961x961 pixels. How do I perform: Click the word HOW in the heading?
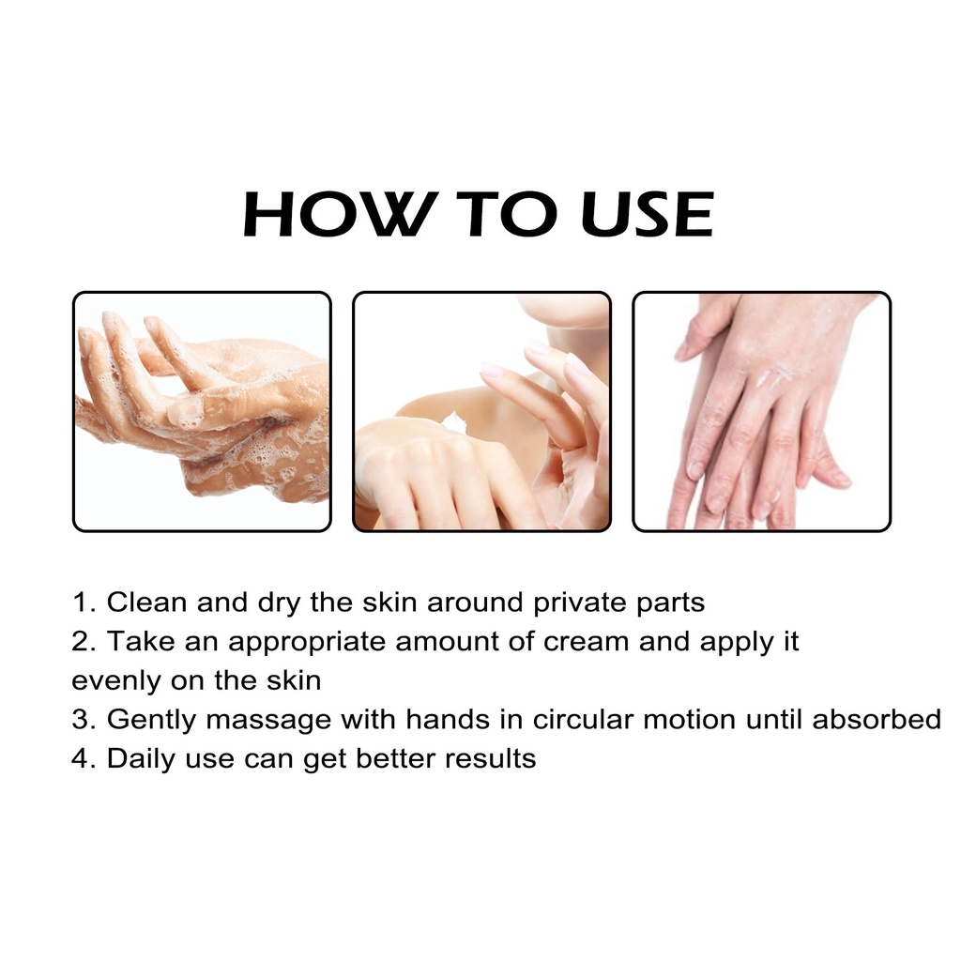coord(341,214)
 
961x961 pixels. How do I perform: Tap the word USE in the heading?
coord(648,214)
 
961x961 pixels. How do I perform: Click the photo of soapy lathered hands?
coord(203,411)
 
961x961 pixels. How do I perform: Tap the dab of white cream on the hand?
coord(454,422)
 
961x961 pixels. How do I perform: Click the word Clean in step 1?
coord(146,602)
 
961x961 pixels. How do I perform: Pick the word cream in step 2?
coord(586,643)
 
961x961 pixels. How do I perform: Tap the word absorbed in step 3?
coord(877,720)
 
